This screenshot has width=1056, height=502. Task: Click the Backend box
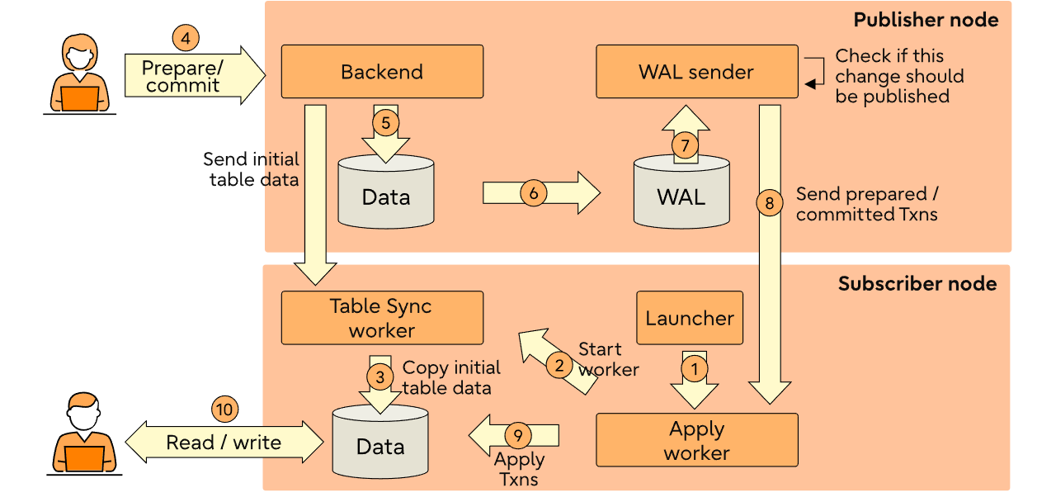[x=382, y=72]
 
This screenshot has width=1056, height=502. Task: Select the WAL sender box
[x=696, y=72]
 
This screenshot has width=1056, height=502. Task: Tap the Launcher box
[x=690, y=318]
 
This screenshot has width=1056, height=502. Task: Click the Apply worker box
[x=696, y=440]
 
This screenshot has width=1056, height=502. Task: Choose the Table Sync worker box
[x=381, y=318]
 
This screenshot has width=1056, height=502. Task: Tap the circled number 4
[x=186, y=38]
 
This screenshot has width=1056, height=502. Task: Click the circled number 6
[x=534, y=192]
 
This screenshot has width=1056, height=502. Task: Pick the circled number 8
[x=770, y=202]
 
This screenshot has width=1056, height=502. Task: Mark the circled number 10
[x=224, y=409]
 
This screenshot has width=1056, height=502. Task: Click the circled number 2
[x=560, y=363]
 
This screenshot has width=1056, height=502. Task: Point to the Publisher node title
[x=926, y=20]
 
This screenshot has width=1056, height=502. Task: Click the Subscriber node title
[x=917, y=284]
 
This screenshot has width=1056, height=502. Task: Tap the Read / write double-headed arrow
[x=224, y=443]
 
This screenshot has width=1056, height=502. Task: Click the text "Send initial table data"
[x=252, y=169]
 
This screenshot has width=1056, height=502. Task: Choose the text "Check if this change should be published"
[x=899, y=76]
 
